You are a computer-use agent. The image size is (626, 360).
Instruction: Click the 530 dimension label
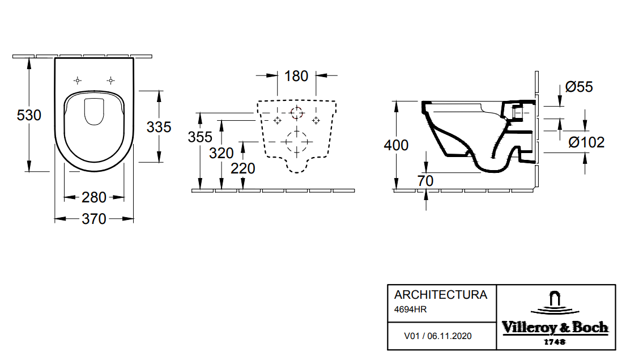[x=29, y=116]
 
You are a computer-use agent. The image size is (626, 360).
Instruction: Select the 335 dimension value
[x=159, y=127]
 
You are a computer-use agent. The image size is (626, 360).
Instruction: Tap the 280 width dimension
[x=94, y=197]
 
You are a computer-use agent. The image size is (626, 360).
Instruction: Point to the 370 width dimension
[x=94, y=218]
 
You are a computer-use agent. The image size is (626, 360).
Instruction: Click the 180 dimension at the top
[x=296, y=75]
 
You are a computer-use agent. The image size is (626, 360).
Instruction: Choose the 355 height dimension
[x=200, y=137]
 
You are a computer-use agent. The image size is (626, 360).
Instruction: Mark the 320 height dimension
[x=221, y=153]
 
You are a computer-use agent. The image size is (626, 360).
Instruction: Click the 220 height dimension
[x=243, y=168]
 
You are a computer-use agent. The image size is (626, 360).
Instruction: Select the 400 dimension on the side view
[x=396, y=145]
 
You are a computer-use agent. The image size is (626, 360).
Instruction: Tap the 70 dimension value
[x=425, y=181]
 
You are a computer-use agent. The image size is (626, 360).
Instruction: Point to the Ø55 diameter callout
[x=579, y=87]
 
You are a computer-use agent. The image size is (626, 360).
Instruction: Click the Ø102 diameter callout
[x=587, y=142]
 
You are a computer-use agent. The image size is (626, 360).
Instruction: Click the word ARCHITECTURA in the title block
[x=440, y=295]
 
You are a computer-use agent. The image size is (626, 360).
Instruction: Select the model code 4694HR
[x=410, y=309]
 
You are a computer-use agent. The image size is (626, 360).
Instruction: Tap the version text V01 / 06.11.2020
[x=437, y=336]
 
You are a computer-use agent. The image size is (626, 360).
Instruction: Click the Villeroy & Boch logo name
[x=555, y=328]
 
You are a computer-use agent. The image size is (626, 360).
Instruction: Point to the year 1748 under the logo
[x=555, y=342]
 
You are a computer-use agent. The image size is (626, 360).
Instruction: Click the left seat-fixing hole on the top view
[x=78, y=80]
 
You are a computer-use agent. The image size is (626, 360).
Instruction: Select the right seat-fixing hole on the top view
[x=112, y=80]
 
